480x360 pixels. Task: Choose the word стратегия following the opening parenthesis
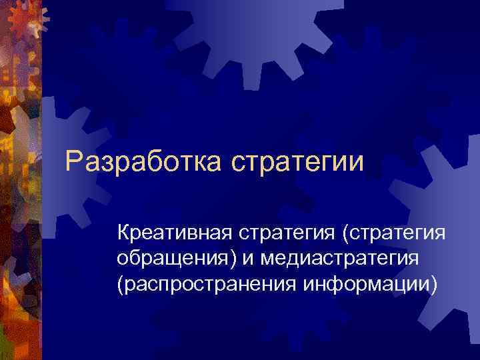point(399,234)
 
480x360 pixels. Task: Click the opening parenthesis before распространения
point(120,285)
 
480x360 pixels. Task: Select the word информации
point(366,285)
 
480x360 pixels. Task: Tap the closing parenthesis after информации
point(436,285)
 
